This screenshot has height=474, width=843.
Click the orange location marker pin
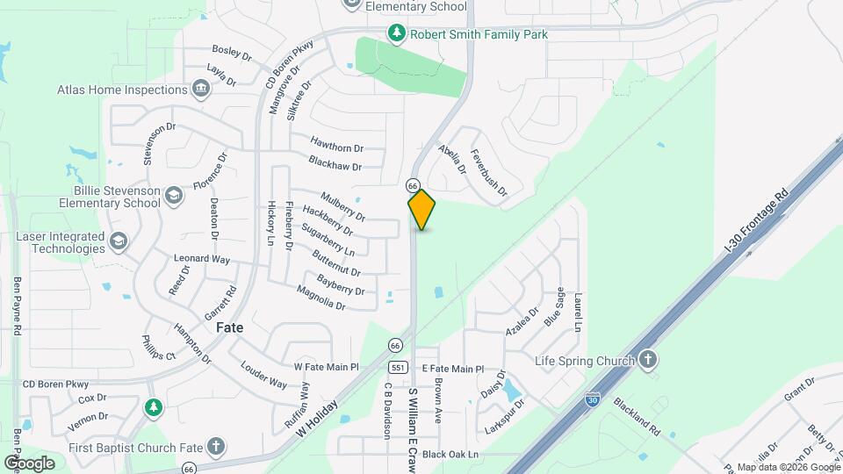421,210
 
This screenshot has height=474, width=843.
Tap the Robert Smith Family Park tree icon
397,34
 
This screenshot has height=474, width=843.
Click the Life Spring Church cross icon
647,360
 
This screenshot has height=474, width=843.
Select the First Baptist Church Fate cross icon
216,445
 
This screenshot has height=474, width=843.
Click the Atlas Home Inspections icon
201,88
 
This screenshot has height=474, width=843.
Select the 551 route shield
398,368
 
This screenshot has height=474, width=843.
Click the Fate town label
229,327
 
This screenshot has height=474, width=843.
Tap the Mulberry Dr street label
342,206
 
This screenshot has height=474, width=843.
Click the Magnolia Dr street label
321,298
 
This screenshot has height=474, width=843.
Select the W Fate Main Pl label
327,367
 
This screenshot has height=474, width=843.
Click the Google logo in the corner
29,463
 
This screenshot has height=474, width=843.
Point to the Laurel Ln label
577,313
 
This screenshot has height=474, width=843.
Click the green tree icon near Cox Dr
154,408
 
